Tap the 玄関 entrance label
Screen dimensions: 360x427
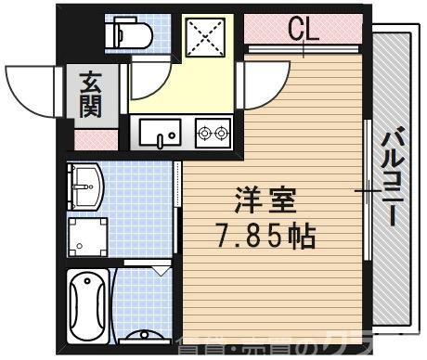tap(92, 96)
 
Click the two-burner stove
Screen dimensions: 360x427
tap(212, 133)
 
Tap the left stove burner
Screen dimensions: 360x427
tap(204, 133)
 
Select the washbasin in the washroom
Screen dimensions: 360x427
tap(86, 186)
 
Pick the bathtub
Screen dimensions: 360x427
tap(88, 305)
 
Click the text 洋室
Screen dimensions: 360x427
tap(253, 201)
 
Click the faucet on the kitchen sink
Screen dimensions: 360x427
tap(162, 140)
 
